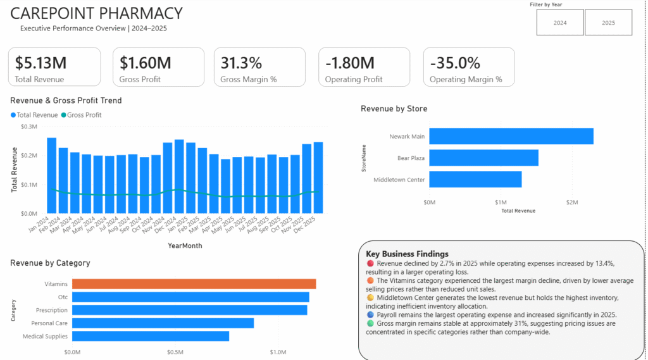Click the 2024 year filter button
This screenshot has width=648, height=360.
[560, 23]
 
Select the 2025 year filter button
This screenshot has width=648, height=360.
[608, 23]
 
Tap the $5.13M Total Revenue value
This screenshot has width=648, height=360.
[40, 63]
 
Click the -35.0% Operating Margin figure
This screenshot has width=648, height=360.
[455, 63]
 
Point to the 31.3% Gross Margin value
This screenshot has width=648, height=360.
[241, 63]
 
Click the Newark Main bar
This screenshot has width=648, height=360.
[511, 137]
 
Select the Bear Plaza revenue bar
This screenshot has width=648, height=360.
[484, 158]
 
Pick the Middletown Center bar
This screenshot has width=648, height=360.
[475, 180]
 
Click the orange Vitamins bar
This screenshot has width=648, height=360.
[194, 284]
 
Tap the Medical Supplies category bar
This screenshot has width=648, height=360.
[151, 336]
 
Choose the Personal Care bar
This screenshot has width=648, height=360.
[163, 323]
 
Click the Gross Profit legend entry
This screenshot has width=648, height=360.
[82, 115]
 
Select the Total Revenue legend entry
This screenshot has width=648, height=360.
[34, 115]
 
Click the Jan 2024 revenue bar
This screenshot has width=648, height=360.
[52, 176]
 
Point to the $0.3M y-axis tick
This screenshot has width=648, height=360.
[29, 127]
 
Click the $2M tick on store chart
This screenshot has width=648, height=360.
[572, 202]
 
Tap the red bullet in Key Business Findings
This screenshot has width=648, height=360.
[370, 263]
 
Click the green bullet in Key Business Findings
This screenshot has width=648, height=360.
[370, 323]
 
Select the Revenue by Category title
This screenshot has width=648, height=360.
[50, 263]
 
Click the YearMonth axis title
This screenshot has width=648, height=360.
[185, 245]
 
